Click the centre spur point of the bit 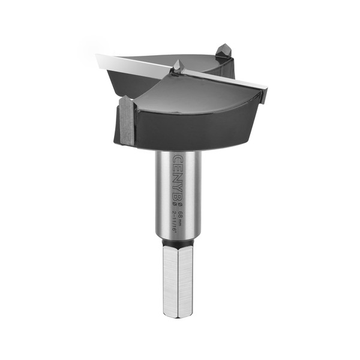pos(177,65)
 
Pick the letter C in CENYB pos(179,160)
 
